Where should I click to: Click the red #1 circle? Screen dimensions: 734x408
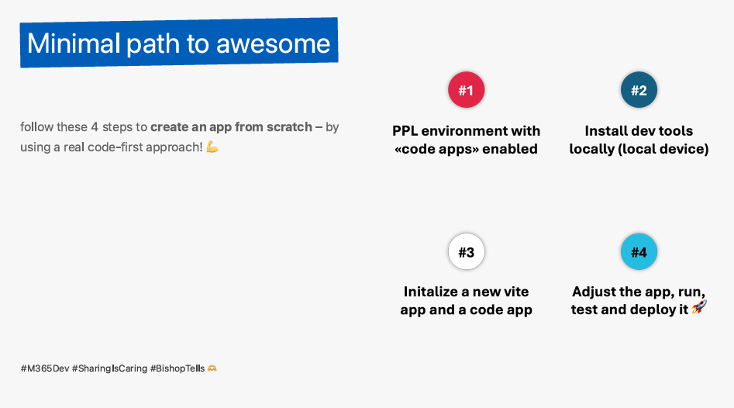tap(467, 90)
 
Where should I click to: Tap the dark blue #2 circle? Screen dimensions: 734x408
tap(639, 90)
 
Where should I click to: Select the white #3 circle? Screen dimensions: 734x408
tap(467, 251)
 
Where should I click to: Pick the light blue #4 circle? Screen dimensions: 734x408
tap(639, 251)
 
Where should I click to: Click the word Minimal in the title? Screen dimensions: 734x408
tap(74, 43)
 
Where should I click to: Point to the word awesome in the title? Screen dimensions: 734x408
tap(273, 44)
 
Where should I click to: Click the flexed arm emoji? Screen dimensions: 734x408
tap(212, 147)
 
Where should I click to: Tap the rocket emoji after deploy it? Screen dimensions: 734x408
tap(699, 307)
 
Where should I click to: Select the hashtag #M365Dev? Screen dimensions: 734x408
tap(45, 368)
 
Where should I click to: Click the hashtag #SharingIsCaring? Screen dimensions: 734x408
tap(109, 368)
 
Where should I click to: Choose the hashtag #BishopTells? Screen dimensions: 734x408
tap(177, 368)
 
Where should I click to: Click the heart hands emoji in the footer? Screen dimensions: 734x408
tap(212, 368)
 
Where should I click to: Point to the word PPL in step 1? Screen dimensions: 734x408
tap(405, 130)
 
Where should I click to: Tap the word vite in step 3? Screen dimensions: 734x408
tap(515, 292)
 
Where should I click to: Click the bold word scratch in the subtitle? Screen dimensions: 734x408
tap(290, 127)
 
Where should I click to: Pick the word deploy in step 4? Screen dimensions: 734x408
tap(653, 310)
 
